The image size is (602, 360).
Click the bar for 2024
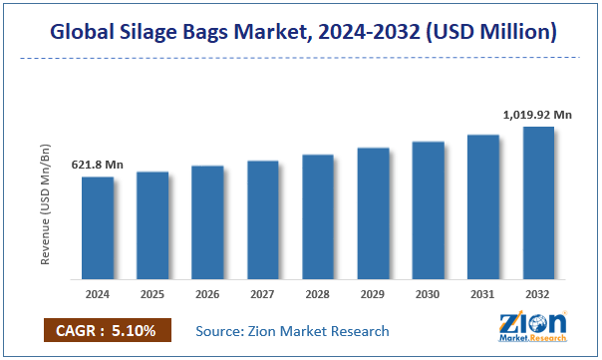98,227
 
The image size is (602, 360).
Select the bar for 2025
152,224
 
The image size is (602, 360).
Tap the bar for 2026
207,221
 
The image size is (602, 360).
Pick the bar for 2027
262,219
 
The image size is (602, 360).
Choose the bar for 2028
318,216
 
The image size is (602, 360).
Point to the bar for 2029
373,212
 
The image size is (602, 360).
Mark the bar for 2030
428,209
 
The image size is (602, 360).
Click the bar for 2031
482,206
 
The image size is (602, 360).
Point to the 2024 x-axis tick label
98,294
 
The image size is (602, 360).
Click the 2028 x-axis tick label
318,294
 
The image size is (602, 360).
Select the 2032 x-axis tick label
537,294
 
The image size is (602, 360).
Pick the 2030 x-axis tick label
428,294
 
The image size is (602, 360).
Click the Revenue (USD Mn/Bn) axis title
46,204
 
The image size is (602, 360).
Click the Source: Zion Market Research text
292,331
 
